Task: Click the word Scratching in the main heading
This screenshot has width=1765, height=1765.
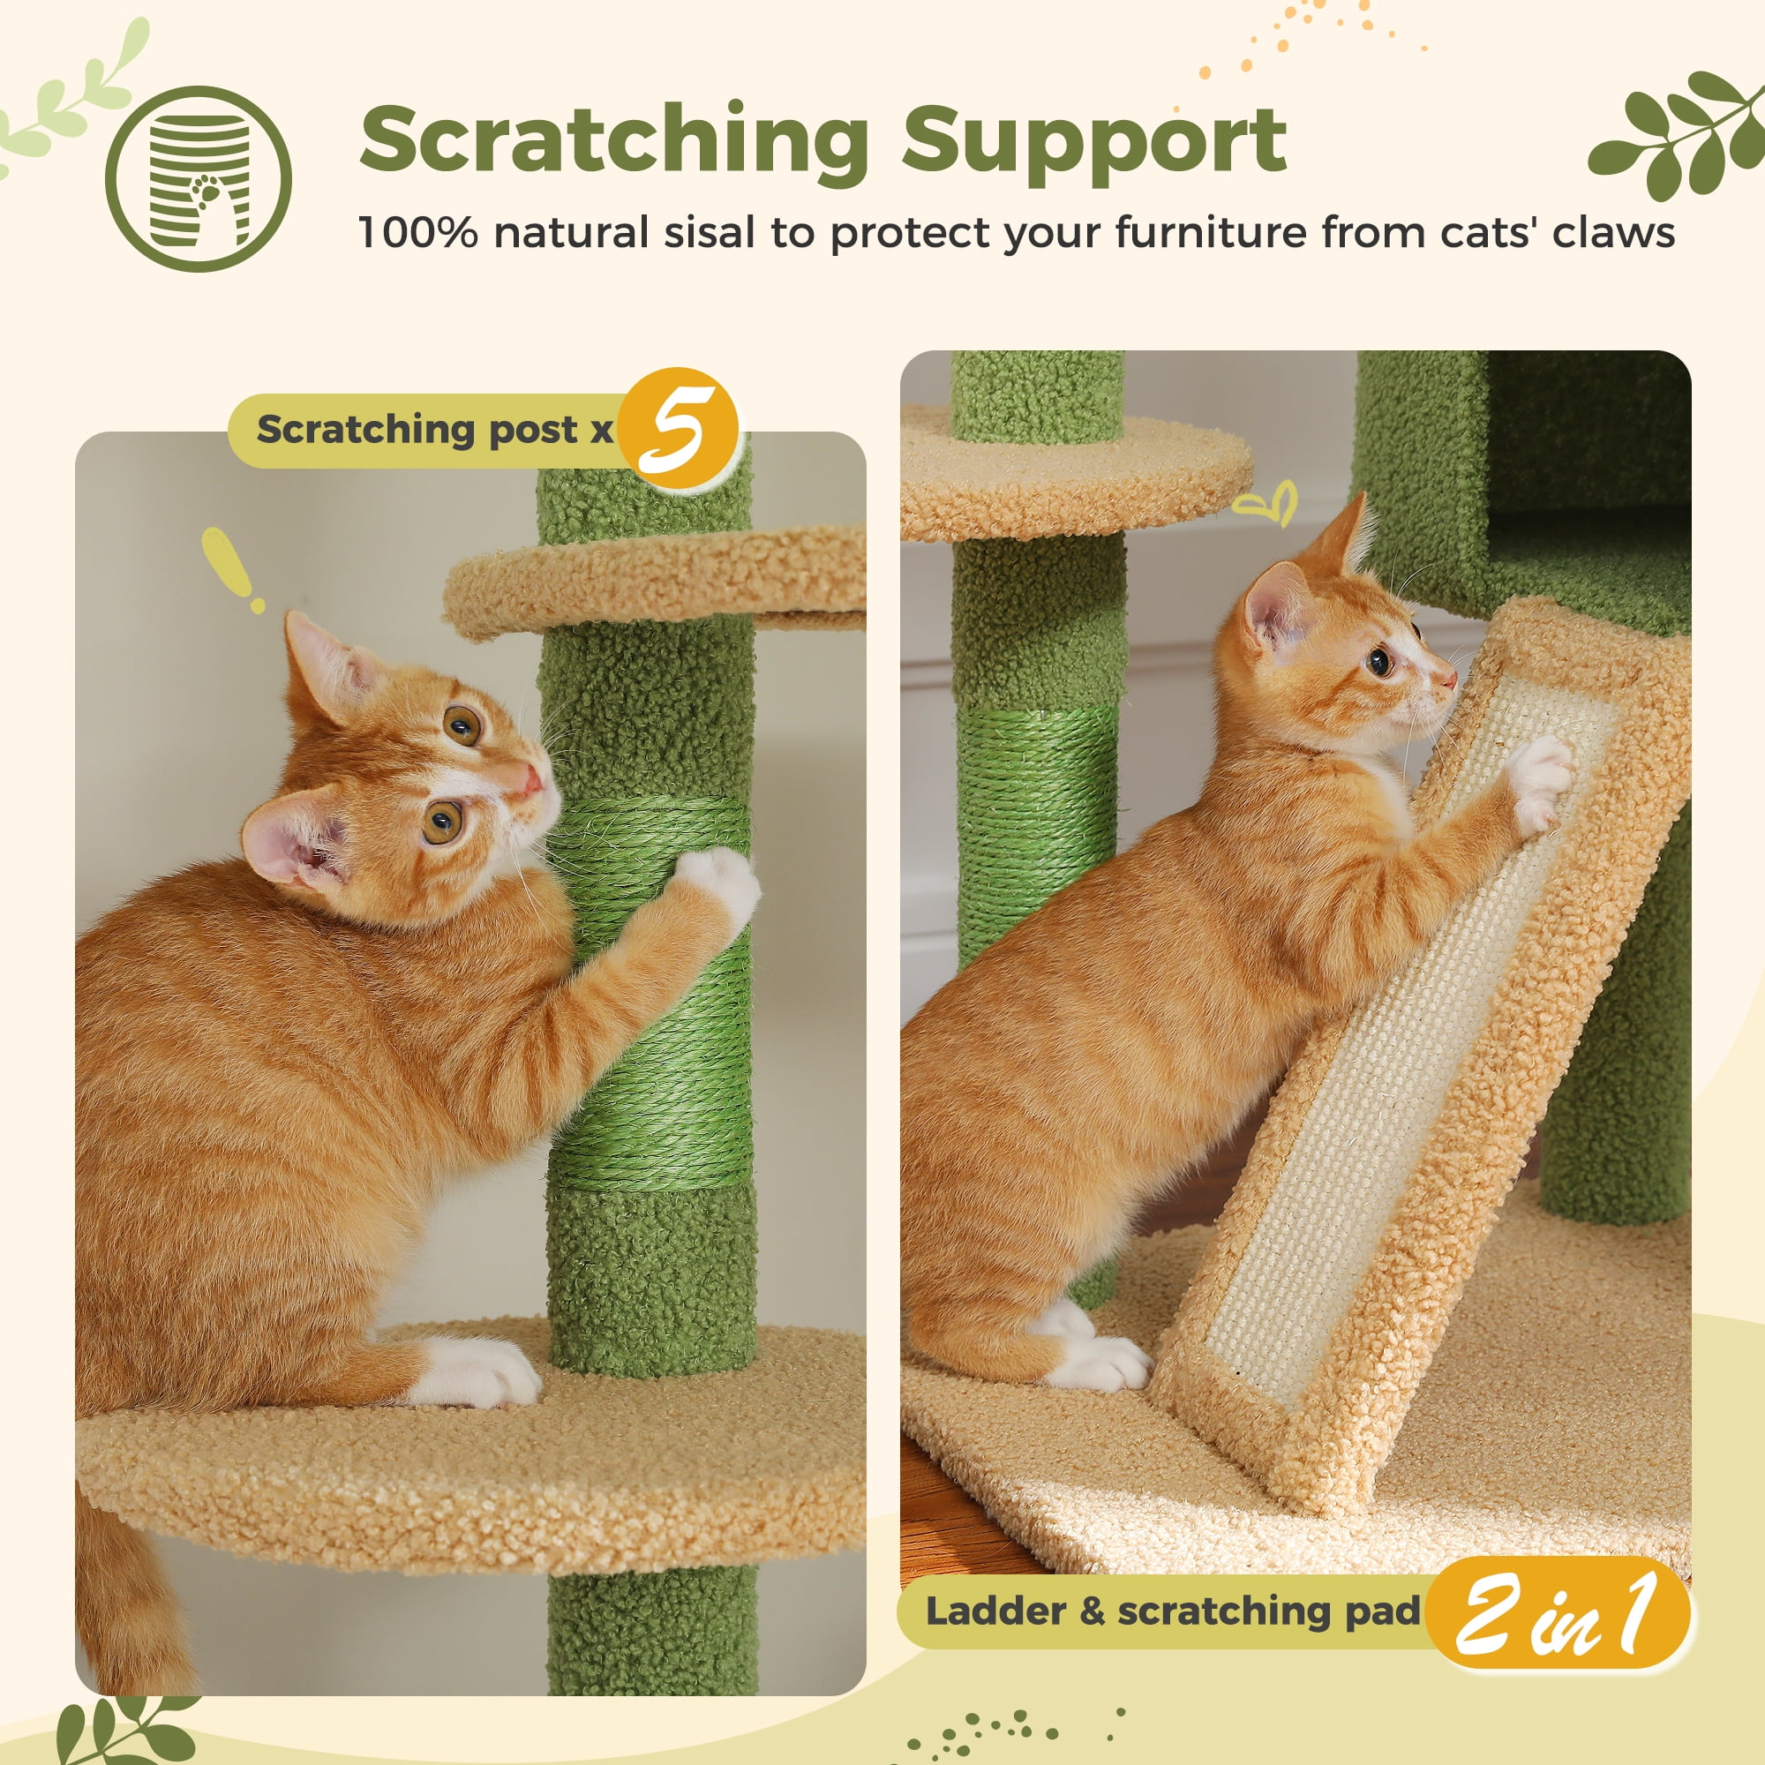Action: pyautogui.click(x=614, y=139)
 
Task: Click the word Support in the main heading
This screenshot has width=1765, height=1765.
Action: pyautogui.click(x=1093, y=139)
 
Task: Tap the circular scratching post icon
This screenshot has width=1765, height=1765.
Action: pyautogui.click(x=199, y=179)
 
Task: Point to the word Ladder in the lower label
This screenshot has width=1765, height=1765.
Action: pyautogui.click(x=995, y=1611)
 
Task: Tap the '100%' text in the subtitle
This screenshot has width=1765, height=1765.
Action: pyautogui.click(x=417, y=233)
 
